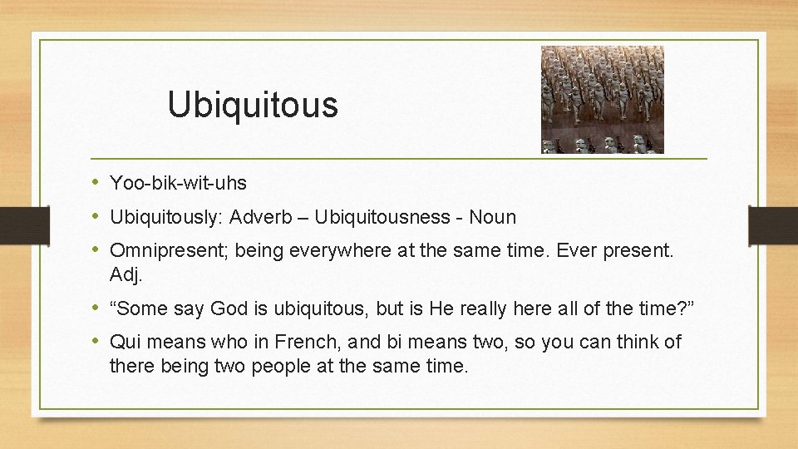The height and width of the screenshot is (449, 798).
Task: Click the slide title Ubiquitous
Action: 253,105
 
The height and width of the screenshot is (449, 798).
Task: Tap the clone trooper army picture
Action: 603,100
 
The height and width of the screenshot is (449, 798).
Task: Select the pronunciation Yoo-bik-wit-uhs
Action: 178,182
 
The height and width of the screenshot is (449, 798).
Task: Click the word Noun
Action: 492,218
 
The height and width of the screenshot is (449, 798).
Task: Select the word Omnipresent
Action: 169,252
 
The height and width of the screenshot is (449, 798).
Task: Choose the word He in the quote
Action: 440,309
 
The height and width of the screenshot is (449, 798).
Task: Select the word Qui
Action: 125,343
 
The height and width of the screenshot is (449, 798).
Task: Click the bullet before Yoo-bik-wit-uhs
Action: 98,182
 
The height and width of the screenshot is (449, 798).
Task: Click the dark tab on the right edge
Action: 773,224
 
